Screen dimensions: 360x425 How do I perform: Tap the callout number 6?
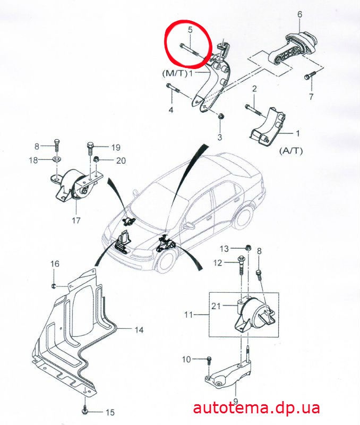pos(299,14)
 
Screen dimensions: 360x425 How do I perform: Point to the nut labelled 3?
pos(221,116)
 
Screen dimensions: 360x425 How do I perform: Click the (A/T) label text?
pos(291,151)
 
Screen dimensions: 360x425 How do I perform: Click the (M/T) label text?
pos(175,73)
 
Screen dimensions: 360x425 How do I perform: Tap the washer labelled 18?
pos(57,159)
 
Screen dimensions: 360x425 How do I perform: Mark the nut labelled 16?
pos(54,286)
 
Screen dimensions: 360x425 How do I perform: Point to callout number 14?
pos(139,330)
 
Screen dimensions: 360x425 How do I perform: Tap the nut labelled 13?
pos(247,248)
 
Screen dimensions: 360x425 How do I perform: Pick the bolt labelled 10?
pos(209,361)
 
